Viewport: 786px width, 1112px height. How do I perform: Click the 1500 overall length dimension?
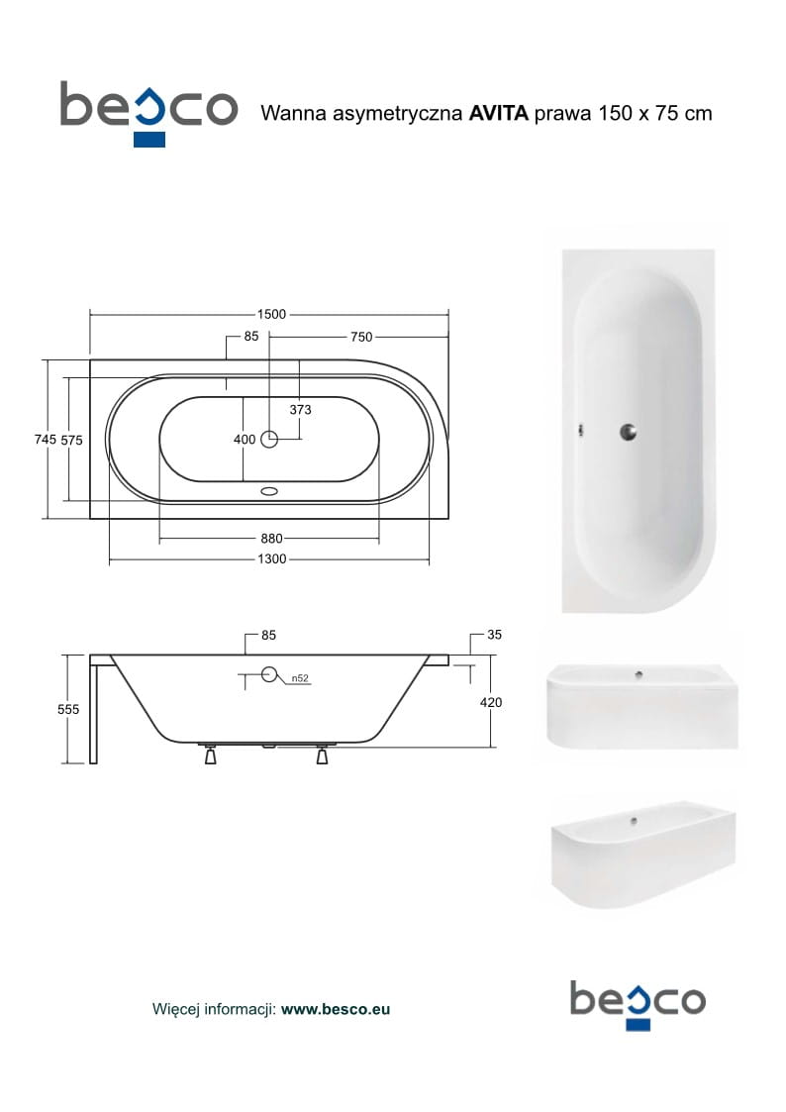tap(271, 314)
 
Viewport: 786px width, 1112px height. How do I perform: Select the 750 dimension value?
tap(361, 337)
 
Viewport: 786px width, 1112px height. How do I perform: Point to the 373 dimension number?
tap(301, 409)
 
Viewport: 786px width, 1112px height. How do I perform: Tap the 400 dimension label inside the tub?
tap(245, 440)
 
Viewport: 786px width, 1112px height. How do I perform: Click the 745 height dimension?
tap(46, 440)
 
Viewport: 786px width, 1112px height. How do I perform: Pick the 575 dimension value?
tap(71, 441)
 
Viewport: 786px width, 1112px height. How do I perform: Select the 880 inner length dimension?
tap(271, 539)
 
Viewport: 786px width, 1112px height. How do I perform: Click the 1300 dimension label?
tap(271, 559)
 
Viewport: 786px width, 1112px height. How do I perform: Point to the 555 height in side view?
tap(68, 709)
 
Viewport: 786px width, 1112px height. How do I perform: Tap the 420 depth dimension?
tap(490, 703)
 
